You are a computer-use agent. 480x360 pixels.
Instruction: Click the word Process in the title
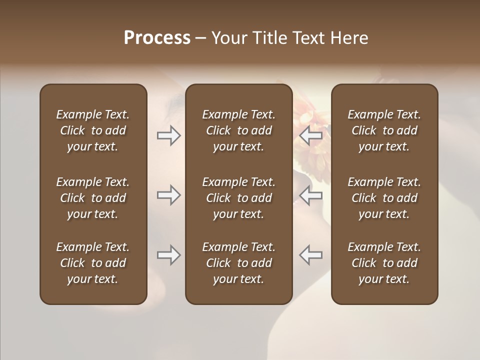(157, 38)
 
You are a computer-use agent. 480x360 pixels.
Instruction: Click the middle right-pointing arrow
(168, 195)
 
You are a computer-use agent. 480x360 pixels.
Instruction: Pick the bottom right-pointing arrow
(168, 255)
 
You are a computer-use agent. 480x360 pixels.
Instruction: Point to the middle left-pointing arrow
(310, 195)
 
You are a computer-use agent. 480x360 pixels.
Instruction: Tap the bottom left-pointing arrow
(310, 255)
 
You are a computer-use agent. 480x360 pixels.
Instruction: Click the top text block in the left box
(93, 130)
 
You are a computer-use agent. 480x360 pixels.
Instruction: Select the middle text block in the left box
(93, 198)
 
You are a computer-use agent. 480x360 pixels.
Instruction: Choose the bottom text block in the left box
(93, 263)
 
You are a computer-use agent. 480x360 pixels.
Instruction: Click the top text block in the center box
(238, 130)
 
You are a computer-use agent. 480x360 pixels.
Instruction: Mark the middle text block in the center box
(238, 198)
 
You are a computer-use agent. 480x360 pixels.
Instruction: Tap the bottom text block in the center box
(238, 263)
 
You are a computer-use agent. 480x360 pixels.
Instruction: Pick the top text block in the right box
(384, 130)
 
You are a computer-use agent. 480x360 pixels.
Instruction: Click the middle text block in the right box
(384, 198)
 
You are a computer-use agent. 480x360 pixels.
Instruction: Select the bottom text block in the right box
(384, 263)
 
